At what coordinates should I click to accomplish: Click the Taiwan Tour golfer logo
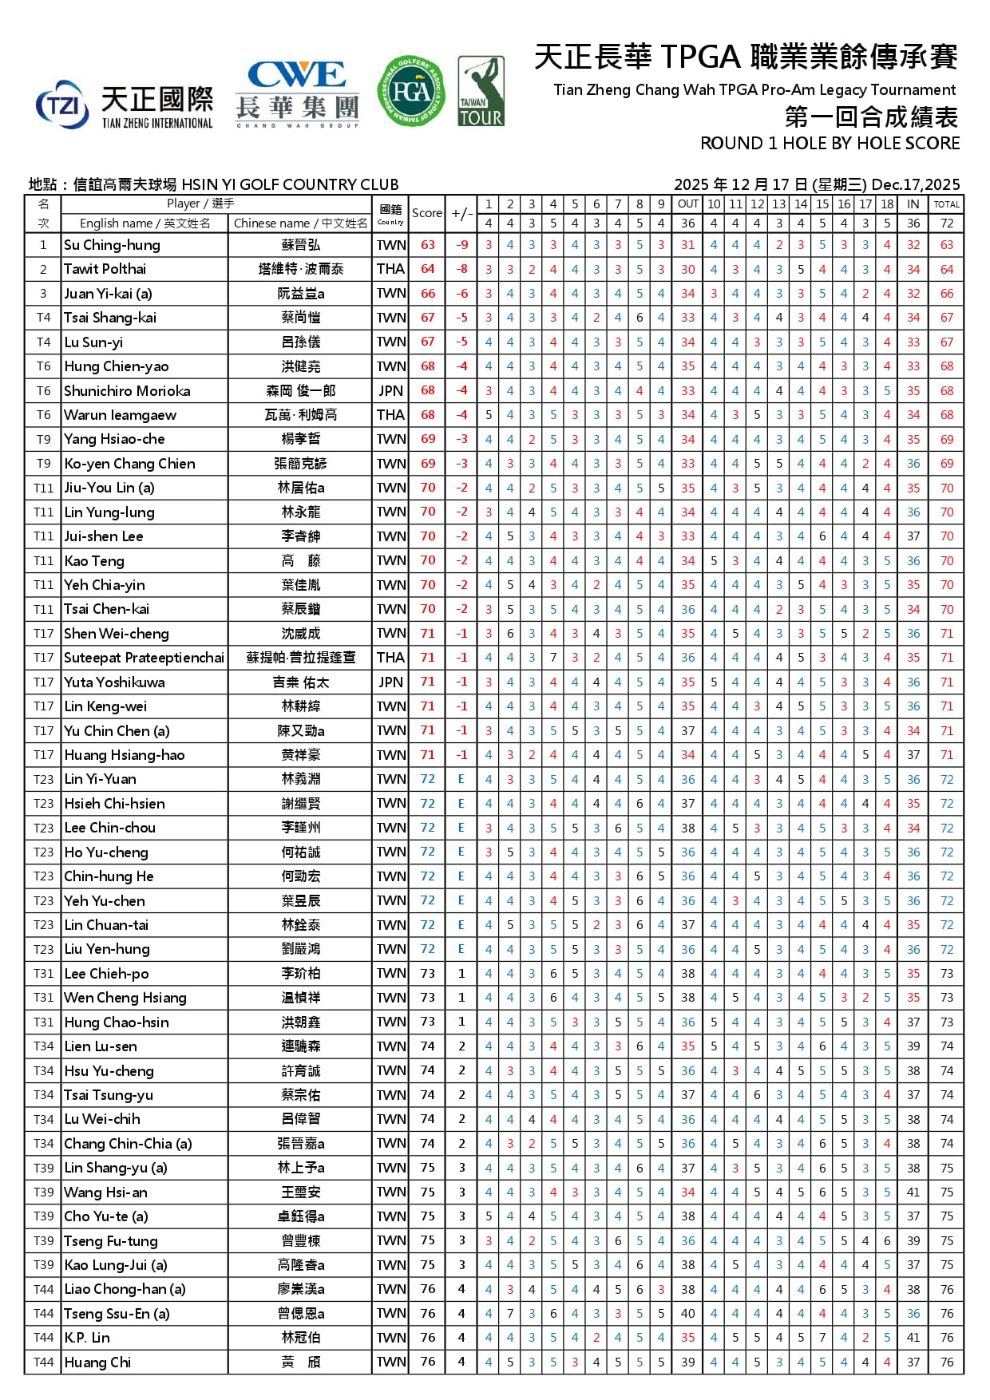481,91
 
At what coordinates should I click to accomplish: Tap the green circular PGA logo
411,91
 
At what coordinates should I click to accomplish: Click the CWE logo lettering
297,75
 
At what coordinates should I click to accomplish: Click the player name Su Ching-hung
112,245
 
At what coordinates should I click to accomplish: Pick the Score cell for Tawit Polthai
428,269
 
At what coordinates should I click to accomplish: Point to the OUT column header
687,204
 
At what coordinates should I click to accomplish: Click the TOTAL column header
947,204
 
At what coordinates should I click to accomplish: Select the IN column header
913,204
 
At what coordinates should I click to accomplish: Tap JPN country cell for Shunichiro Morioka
390,390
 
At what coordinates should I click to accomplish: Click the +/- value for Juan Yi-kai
461,294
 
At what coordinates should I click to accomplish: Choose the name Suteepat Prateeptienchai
144,658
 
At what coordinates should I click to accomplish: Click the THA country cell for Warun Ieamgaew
390,415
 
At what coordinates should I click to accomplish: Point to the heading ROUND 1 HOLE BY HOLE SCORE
830,144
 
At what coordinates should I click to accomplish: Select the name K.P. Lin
87,1338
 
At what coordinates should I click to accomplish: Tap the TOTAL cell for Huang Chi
947,1362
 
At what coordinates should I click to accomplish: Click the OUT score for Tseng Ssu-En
687,1314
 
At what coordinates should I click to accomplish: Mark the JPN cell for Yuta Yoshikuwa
390,682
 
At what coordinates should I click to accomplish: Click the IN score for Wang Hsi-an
913,1192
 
